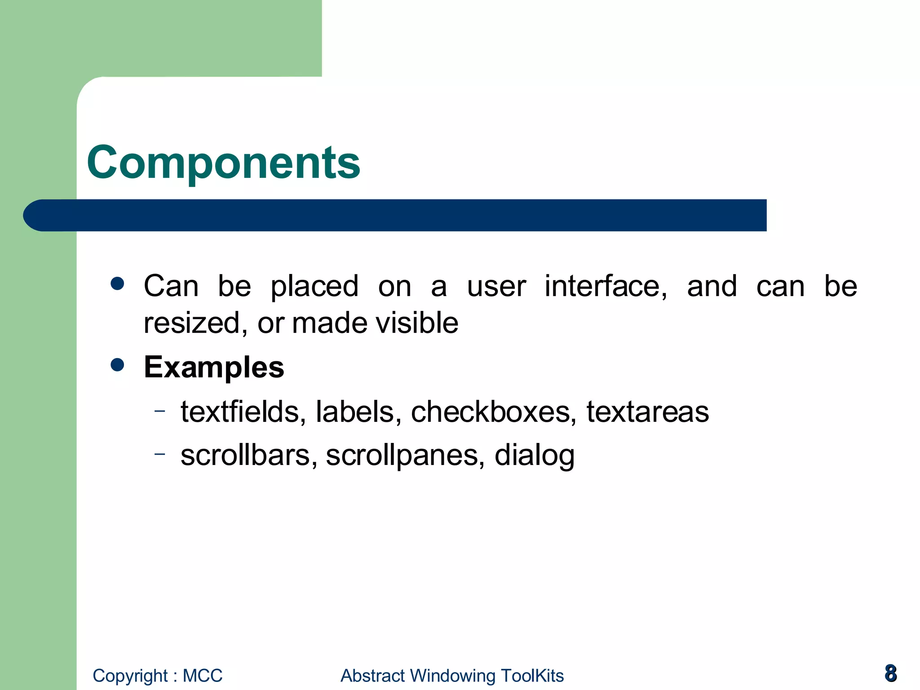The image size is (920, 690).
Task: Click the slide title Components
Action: click(x=223, y=163)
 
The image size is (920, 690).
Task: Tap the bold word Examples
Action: click(x=214, y=367)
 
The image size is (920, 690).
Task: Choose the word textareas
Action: click(x=647, y=411)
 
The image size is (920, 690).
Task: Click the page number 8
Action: click(x=890, y=673)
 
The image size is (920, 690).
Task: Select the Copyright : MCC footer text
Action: click(x=157, y=676)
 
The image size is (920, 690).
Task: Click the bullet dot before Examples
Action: click(x=117, y=364)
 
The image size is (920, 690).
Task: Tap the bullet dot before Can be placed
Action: click(x=117, y=283)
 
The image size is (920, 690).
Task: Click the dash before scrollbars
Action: click(x=159, y=454)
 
